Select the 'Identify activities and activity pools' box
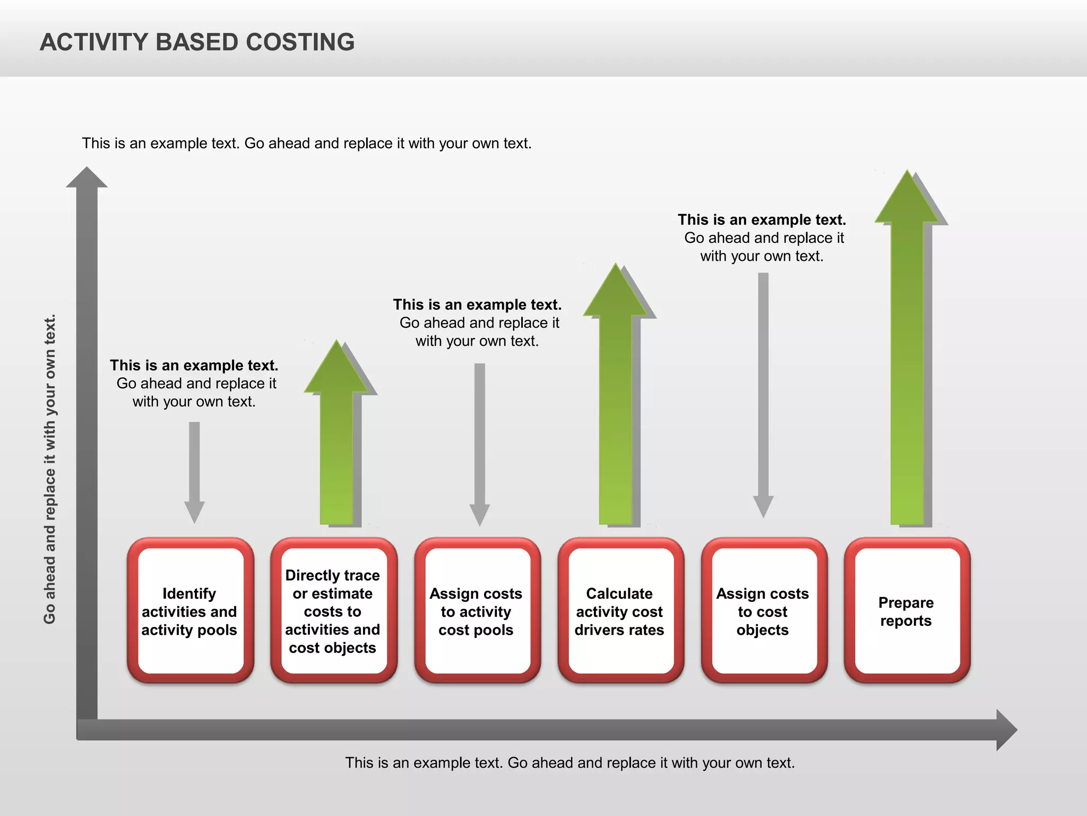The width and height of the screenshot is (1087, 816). click(189, 611)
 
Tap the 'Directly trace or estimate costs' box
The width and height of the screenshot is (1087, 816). click(333, 611)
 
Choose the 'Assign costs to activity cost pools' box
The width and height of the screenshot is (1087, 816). click(476, 611)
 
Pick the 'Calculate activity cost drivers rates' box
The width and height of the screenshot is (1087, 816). click(619, 611)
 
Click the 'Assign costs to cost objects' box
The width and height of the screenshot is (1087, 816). click(763, 611)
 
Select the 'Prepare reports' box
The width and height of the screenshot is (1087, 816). click(906, 611)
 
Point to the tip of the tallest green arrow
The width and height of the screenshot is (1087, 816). click(908, 175)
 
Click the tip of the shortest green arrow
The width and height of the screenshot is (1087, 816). click(337, 345)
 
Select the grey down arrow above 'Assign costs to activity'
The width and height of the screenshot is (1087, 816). click(480, 441)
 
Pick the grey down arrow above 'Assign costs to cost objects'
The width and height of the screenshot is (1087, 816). click(763, 393)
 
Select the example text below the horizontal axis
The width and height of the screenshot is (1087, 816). click(570, 763)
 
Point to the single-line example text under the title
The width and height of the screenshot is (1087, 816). click(306, 143)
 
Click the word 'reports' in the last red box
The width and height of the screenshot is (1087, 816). click(906, 620)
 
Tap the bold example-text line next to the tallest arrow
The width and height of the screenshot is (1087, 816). click(762, 220)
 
